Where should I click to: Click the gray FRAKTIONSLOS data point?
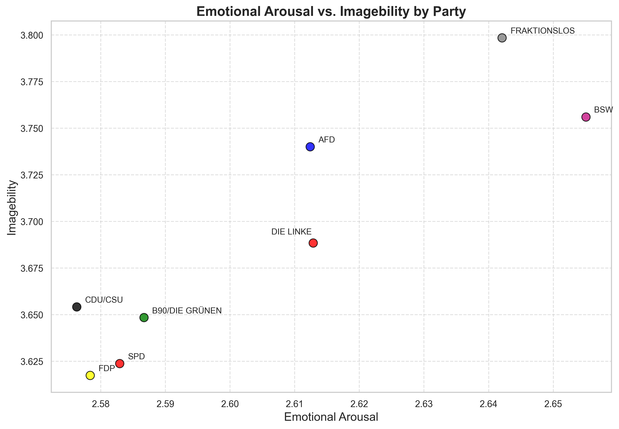[x=502, y=38]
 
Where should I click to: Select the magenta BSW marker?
[x=586, y=117]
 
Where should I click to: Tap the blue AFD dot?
[x=310, y=147]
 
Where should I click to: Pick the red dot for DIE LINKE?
[x=313, y=243]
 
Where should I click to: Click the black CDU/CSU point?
[x=77, y=307]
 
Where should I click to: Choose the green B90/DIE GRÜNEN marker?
[x=144, y=317]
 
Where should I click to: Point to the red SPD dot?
[x=119, y=364]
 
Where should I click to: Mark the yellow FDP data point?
[x=90, y=375]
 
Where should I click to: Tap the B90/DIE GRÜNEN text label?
[x=187, y=311]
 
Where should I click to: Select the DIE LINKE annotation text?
[x=291, y=232]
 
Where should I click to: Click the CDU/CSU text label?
[x=104, y=300]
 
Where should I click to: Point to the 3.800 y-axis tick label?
[x=32, y=36]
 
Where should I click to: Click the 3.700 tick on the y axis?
[x=32, y=222]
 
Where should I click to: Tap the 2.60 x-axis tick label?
[x=230, y=404]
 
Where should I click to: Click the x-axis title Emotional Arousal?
[x=331, y=417]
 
